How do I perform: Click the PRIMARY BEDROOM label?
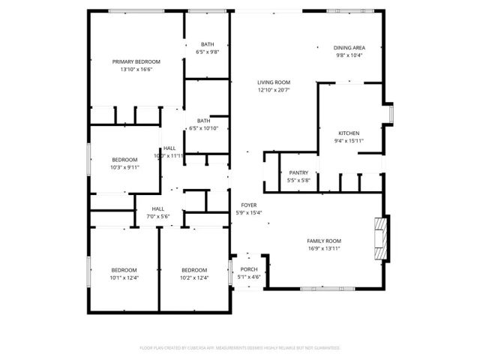tap(136, 61)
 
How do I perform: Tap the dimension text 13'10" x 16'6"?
tap(136, 69)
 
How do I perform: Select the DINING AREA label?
tap(349, 47)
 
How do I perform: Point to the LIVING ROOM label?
tap(273, 82)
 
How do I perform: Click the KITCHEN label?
tap(348, 133)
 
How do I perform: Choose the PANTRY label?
tap(298, 172)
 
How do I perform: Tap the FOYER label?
tap(248, 205)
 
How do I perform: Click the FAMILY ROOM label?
tap(324, 241)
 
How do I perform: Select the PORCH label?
tap(248, 269)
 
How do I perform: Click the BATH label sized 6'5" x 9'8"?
tap(206, 44)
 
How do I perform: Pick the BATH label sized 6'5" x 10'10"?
tap(203, 121)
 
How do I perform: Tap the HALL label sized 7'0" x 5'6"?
tap(157, 209)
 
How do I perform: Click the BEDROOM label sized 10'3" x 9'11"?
tap(124, 159)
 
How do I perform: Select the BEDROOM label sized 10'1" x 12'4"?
tap(124, 270)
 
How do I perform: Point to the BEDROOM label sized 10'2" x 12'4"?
tap(193, 270)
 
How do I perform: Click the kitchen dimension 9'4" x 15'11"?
tap(348, 140)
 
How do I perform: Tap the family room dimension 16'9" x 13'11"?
tap(324, 248)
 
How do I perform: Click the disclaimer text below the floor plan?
tap(240, 348)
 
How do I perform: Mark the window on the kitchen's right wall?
tap(391, 112)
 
